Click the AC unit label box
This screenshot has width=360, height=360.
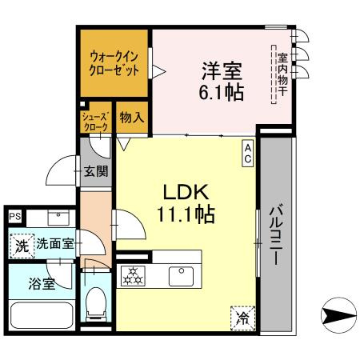point(248,153)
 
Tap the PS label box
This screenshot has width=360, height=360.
point(14,216)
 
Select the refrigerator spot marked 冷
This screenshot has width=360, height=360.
point(242,318)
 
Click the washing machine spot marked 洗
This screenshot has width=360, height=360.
point(22,246)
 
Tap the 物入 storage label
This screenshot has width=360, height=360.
point(131,117)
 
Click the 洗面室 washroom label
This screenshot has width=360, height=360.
point(54,245)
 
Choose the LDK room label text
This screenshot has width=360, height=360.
point(186,192)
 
